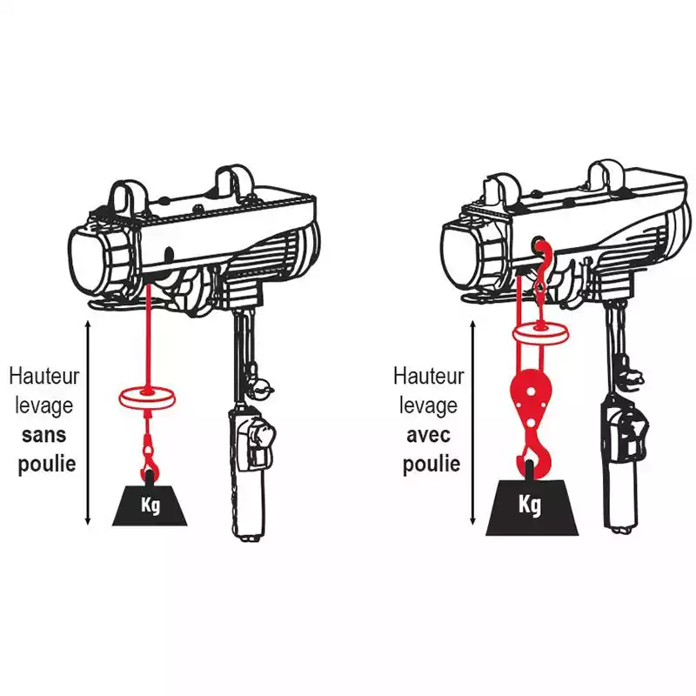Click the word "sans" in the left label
(x=44, y=436)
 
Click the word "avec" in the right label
(x=428, y=436)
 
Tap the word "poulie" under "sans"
(x=47, y=465)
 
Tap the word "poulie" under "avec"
(x=431, y=465)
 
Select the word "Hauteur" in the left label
(x=44, y=377)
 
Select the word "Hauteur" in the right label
(x=428, y=377)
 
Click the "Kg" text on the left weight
(x=151, y=505)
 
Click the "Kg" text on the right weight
(x=530, y=505)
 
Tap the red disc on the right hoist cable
(x=541, y=332)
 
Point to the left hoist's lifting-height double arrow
(x=88, y=422)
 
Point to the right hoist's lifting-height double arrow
(x=472, y=422)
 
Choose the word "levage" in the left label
(x=44, y=406)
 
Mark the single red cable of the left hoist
(x=148, y=338)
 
